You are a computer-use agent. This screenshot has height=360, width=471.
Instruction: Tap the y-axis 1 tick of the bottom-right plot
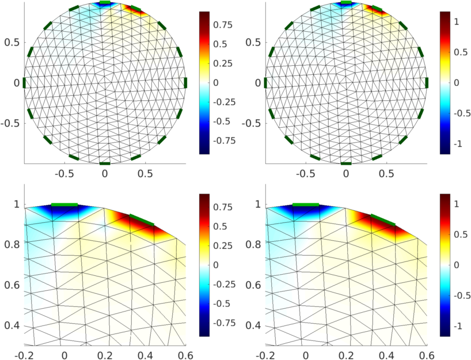click(x=258, y=204)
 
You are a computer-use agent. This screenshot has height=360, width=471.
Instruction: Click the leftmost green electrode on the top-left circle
click(x=24, y=83)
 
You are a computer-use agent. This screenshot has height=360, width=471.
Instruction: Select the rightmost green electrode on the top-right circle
click(x=427, y=83)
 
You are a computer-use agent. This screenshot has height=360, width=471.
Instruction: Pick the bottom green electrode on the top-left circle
click(x=104, y=164)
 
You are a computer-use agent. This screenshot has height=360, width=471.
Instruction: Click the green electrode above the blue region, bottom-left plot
click(x=64, y=204)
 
